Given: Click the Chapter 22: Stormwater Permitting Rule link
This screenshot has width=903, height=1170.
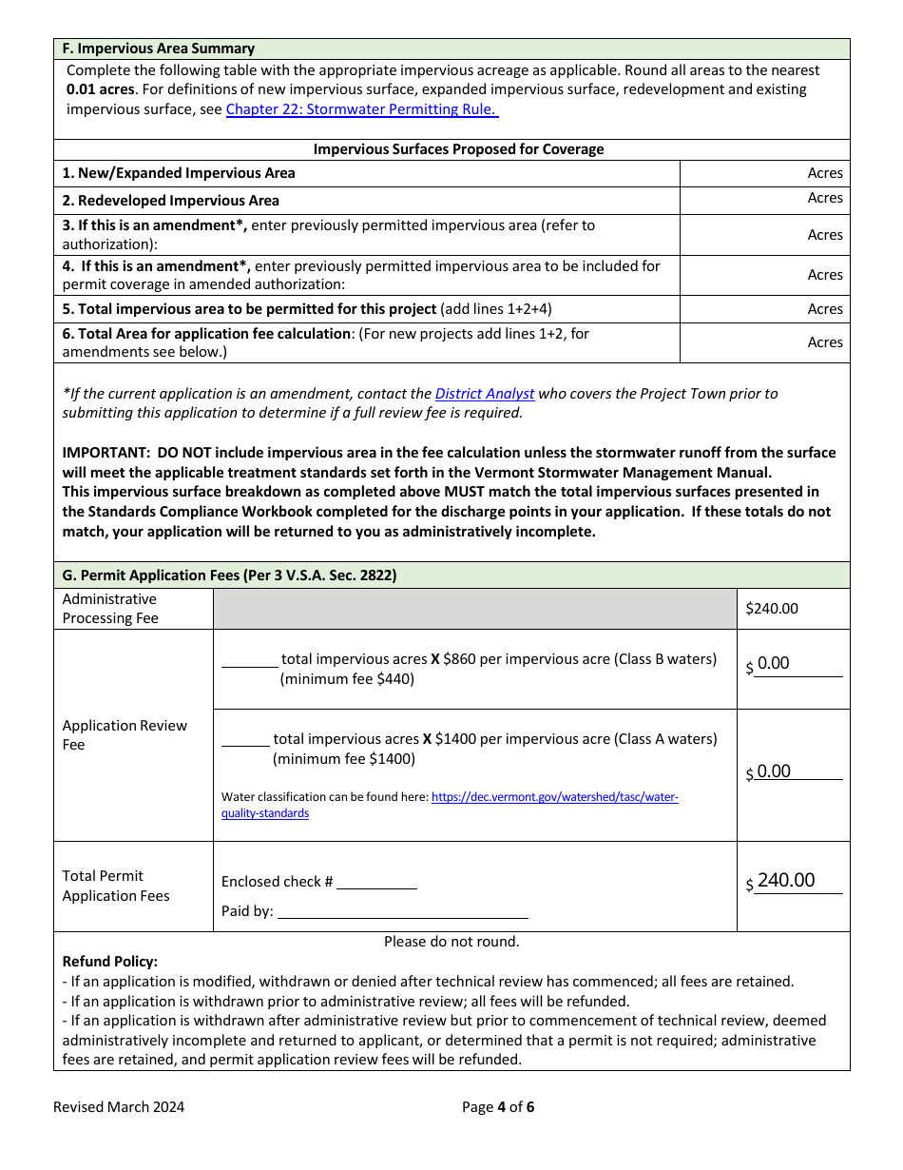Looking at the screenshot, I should click(x=361, y=109).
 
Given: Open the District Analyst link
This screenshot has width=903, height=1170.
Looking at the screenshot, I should click(x=485, y=394).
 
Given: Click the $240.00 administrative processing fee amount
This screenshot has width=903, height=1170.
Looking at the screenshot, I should click(x=772, y=609).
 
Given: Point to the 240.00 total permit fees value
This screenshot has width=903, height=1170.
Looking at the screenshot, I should click(x=786, y=881).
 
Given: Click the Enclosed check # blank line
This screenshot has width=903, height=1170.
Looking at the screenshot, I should click(x=376, y=882).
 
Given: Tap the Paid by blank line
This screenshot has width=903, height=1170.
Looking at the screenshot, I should click(x=402, y=911).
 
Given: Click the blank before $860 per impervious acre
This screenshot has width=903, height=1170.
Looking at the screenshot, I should click(x=249, y=659).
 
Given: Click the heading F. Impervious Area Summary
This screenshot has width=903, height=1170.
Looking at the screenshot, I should click(x=159, y=49).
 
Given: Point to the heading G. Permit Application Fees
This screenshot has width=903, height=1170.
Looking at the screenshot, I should click(x=229, y=575).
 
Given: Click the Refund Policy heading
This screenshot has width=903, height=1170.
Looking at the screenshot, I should click(x=110, y=962).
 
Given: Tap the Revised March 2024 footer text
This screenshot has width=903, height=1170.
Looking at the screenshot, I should click(x=119, y=1107).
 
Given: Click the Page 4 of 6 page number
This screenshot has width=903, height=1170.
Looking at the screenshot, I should click(x=498, y=1107).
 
